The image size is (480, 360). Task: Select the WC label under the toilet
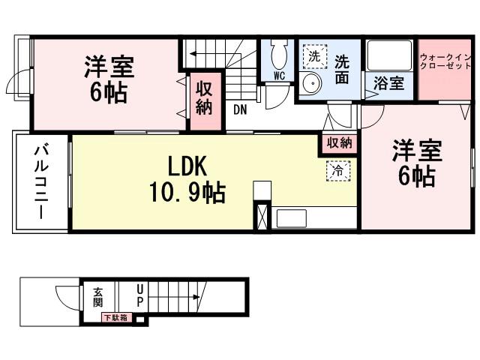point(279,76)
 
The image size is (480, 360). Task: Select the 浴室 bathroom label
point(388,82)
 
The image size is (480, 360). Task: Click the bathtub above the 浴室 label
point(389,55)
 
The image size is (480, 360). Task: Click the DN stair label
point(239,109)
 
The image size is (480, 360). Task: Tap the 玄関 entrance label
point(98,297)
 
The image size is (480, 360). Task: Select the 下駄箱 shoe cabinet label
point(116,318)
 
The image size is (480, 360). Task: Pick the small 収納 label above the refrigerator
point(339,142)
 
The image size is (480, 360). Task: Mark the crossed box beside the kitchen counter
point(262,216)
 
